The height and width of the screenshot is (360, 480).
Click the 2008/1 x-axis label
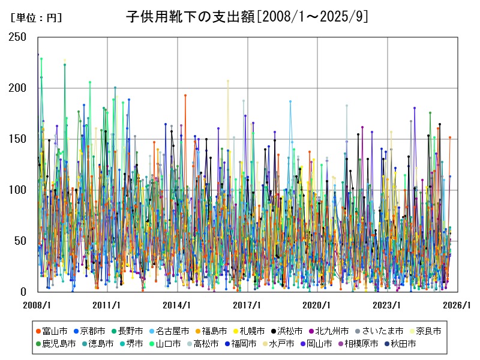(x=37, y=305)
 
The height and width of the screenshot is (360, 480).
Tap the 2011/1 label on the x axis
(x=107, y=305)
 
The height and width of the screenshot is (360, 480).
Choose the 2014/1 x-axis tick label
(x=177, y=305)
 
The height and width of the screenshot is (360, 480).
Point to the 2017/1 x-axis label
(x=247, y=305)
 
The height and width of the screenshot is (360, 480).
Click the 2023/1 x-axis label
(x=387, y=305)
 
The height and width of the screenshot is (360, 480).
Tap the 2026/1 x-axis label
(x=457, y=305)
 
